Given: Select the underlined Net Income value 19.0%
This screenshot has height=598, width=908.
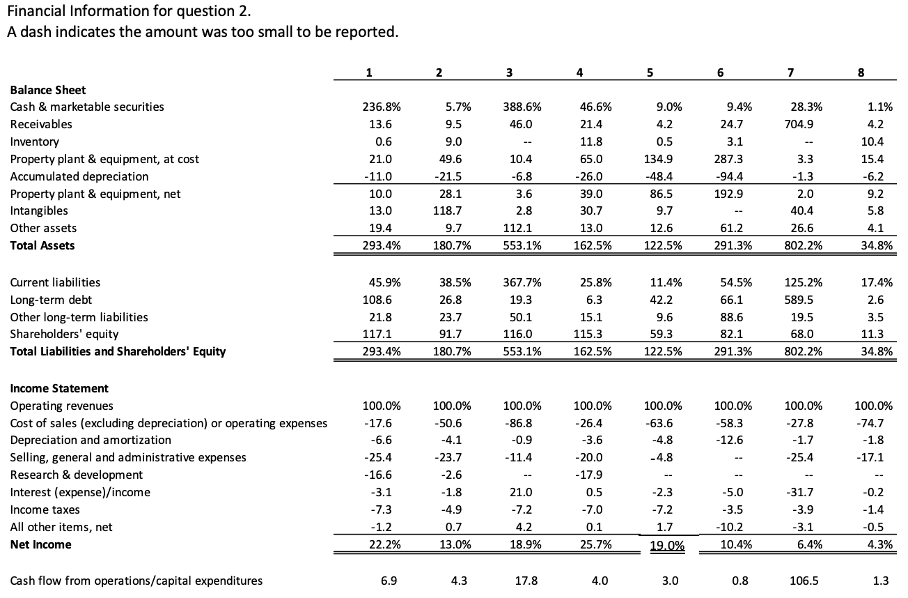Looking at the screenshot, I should click(x=666, y=546).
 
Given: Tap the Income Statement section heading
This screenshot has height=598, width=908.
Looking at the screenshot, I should click(x=59, y=388).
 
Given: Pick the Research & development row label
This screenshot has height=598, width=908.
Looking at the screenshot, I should click(x=77, y=475).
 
